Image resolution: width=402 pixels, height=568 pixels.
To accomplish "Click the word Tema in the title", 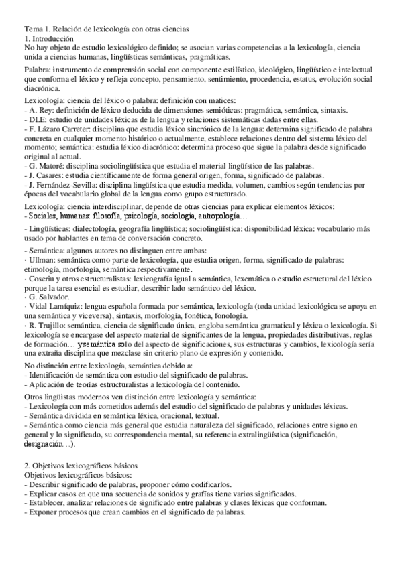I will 33,29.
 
